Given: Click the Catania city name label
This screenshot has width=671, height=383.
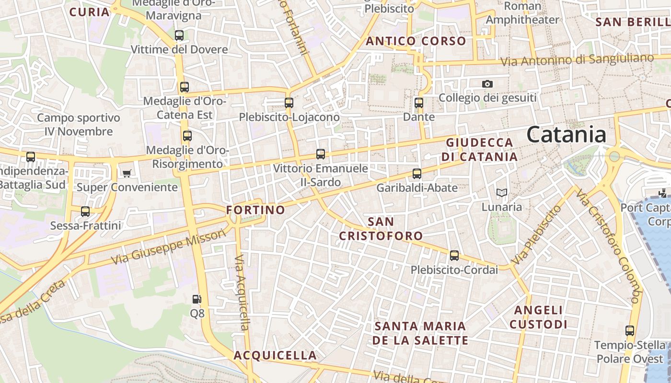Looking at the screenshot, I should [x=567, y=135].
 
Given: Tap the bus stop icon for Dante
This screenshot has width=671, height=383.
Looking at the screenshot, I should [x=419, y=103].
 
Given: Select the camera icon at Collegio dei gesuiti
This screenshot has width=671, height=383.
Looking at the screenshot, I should [x=487, y=84].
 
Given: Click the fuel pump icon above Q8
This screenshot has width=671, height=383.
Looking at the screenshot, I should [x=197, y=300].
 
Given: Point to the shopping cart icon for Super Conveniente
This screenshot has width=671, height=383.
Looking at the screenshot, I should [x=127, y=173].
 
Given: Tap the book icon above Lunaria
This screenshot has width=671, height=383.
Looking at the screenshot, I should [x=501, y=193].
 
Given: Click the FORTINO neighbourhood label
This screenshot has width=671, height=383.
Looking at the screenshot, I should [x=255, y=210].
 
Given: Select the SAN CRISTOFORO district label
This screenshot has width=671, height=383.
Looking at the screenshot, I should [x=381, y=228].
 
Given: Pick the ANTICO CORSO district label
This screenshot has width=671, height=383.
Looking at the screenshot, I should [x=416, y=41].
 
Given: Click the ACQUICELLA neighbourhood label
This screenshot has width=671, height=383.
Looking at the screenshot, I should [x=275, y=355].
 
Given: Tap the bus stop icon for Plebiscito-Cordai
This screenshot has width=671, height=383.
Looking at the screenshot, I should [x=454, y=256].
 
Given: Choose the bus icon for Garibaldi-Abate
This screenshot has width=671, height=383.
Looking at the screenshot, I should [x=417, y=174].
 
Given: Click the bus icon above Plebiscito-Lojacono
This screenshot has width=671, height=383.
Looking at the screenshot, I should [x=289, y=103].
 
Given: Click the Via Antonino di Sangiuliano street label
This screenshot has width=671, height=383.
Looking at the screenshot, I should [x=577, y=60].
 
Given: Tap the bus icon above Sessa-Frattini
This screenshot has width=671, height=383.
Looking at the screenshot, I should [x=85, y=211].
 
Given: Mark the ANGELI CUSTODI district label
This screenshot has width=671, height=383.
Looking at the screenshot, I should [x=538, y=317].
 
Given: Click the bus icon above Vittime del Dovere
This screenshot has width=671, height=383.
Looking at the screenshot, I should [x=179, y=35].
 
